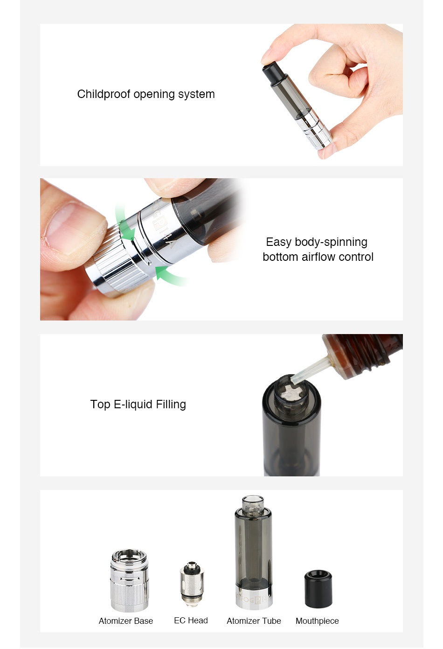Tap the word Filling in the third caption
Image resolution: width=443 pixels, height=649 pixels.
(x=171, y=405)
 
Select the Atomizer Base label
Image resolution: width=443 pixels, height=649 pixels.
(x=126, y=621)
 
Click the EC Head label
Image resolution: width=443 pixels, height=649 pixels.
(x=191, y=621)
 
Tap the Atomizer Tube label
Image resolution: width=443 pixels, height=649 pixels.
(x=254, y=621)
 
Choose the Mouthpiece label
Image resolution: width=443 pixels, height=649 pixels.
(x=317, y=621)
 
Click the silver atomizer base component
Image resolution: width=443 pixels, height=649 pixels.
(x=129, y=581)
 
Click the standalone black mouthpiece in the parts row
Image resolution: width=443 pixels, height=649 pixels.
(x=318, y=588)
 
